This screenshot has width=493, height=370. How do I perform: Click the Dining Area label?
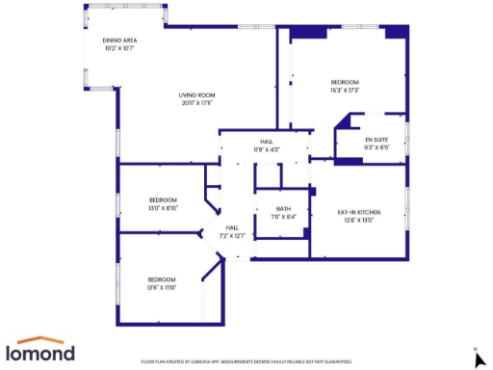120,40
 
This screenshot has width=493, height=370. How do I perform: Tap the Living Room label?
196,94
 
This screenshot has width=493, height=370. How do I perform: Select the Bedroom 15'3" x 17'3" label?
345,82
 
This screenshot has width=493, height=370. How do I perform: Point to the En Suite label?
376,140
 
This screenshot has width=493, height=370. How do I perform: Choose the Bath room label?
283,209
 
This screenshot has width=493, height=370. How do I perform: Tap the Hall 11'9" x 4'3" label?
266,142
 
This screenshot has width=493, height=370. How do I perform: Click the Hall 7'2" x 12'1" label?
232,227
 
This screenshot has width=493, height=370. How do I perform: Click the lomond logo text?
41,354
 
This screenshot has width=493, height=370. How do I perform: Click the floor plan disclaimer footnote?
246,361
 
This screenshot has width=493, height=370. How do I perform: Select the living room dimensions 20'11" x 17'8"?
196,102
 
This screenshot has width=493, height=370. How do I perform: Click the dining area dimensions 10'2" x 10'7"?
120,47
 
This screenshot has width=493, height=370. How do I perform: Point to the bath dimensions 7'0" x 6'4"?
283,217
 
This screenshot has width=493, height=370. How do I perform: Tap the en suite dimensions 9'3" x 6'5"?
376,147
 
